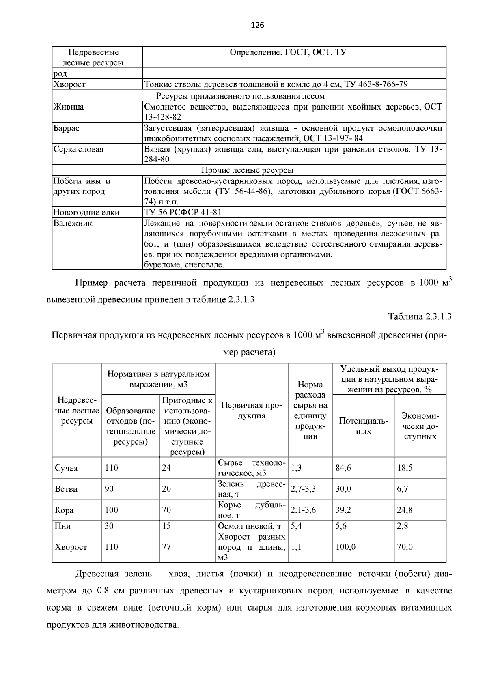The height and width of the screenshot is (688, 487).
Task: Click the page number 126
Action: (x=257, y=26)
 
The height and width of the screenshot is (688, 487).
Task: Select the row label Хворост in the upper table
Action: (x=70, y=84)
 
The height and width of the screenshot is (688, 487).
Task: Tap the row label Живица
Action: (x=69, y=107)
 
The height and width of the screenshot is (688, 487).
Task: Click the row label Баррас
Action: (x=67, y=128)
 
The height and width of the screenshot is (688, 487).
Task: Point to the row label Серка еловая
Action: (x=78, y=149)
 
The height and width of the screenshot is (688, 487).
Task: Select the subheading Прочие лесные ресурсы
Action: (x=247, y=170)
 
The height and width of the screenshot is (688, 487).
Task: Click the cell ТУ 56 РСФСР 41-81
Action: (x=183, y=212)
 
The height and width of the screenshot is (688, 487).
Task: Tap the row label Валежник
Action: (x=73, y=223)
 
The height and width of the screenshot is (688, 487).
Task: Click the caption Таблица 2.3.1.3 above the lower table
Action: (x=420, y=316)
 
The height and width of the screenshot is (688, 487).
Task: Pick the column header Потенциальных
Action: (x=363, y=426)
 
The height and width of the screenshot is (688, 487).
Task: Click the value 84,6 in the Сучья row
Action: (x=343, y=468)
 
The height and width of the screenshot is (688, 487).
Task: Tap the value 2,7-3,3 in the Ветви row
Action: (x=303, y=489)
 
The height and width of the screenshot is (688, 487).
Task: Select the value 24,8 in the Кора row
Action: (x=405, y=510)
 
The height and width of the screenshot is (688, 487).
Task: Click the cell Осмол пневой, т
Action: (x=250, y=526)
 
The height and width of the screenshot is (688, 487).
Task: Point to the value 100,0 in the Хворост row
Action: (x=345, y=547)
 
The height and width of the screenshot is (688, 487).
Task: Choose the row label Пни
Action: (x=62, y=526)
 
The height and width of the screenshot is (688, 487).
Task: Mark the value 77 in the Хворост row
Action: (x=166, y=547)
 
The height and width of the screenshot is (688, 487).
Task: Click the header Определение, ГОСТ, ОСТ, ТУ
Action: (x=288, y=53)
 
